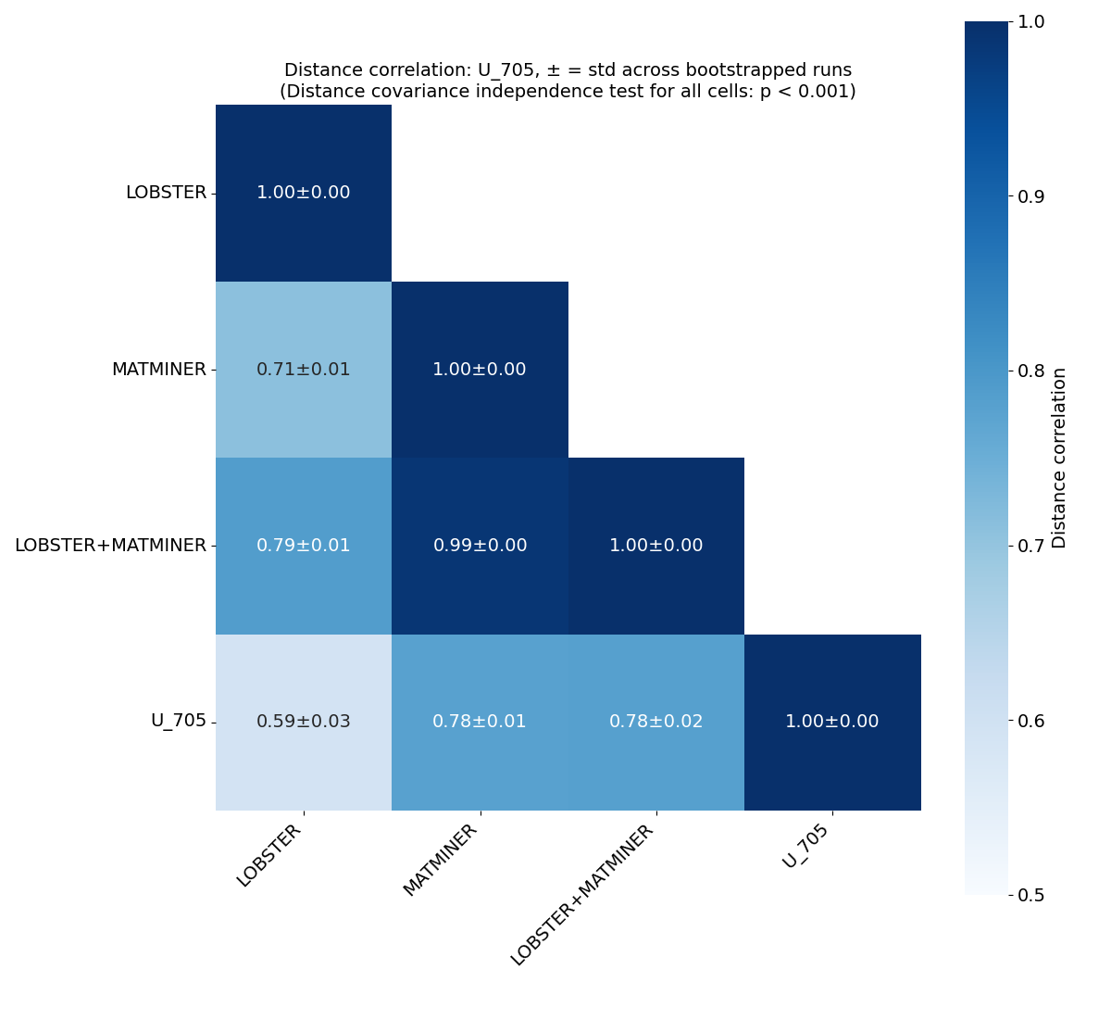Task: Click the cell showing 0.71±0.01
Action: coord(304,370)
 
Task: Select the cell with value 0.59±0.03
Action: coord(304,722)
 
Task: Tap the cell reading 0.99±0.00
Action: coord(480,546)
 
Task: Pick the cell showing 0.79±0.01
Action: coord(304,546)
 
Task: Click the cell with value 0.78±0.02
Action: coord(655,722)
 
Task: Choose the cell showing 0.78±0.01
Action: coord(480,722)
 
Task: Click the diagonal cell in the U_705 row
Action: coord(831,722)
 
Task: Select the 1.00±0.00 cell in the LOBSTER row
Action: coord(304,193)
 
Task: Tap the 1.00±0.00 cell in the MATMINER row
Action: coord(480,370)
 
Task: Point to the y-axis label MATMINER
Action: coord(158,370)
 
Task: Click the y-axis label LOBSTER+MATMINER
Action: coord(110,546)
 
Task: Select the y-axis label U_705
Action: coord(178,722)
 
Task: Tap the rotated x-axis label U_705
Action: coord(805,847)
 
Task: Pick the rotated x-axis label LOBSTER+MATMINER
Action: coord(582,895)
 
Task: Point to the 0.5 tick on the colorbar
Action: coord(1031,895)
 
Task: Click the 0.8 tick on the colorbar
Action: coord(1031,371)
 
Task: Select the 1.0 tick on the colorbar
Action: coord(1031,21)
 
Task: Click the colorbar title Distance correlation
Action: coord(1060,458)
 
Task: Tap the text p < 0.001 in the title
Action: coord(804,92)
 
